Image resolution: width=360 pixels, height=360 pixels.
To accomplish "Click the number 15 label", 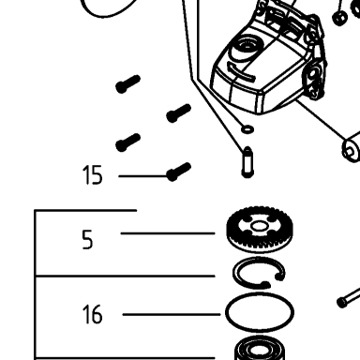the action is click(x=92, y=175).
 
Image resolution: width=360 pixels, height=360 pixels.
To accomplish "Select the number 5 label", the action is click(x=87, y=239).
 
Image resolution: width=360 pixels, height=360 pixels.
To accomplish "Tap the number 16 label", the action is click(x=92, y=314).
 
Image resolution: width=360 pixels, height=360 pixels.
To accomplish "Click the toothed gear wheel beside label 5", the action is click(x=260, y=229).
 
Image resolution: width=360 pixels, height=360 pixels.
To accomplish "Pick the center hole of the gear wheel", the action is click(x=259, y=226).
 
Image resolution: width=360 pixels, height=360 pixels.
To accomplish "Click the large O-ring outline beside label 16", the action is click(x=260, y=312).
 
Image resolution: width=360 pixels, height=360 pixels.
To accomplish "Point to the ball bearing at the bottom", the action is click(x=260, y=349).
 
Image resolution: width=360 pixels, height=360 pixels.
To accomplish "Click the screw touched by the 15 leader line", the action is click(x=178, y=172).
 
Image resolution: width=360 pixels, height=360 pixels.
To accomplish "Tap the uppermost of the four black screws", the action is click(x=127, y=84).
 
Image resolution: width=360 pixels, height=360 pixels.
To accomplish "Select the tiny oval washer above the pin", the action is click(x=247, y=128).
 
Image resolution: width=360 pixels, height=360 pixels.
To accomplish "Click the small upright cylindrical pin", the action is click(x=247, y=162).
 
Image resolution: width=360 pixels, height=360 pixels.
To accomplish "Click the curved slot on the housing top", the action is click(x=241, y=72).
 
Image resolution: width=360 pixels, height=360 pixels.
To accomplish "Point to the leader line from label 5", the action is click(x=168, y=233).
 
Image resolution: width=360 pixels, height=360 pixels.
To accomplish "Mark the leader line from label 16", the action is click(x=172, y=314).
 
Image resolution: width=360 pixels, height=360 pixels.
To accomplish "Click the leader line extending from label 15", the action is click(x=144, y=176).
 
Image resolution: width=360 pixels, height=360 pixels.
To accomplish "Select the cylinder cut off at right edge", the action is click(x=352, y=148).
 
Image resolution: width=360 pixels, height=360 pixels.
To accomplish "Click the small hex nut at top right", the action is click(x=339, y=19).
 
